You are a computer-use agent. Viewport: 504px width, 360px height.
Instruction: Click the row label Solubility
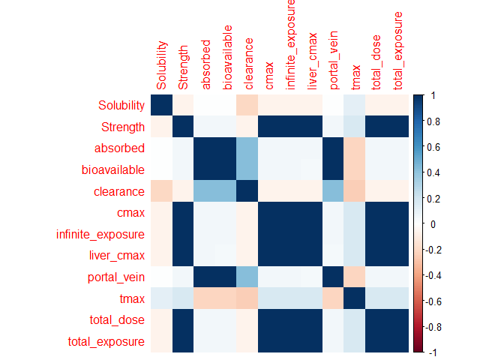(121, 105)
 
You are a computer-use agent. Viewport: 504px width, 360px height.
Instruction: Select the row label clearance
(121, 192)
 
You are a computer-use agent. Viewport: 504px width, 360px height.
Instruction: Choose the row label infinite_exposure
(101, 235)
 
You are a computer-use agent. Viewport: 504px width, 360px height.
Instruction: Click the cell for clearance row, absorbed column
(205, 192)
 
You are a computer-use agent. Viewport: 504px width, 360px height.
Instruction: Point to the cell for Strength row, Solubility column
(161, 127)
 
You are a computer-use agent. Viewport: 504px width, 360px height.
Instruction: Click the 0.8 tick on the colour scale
(434, 121)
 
